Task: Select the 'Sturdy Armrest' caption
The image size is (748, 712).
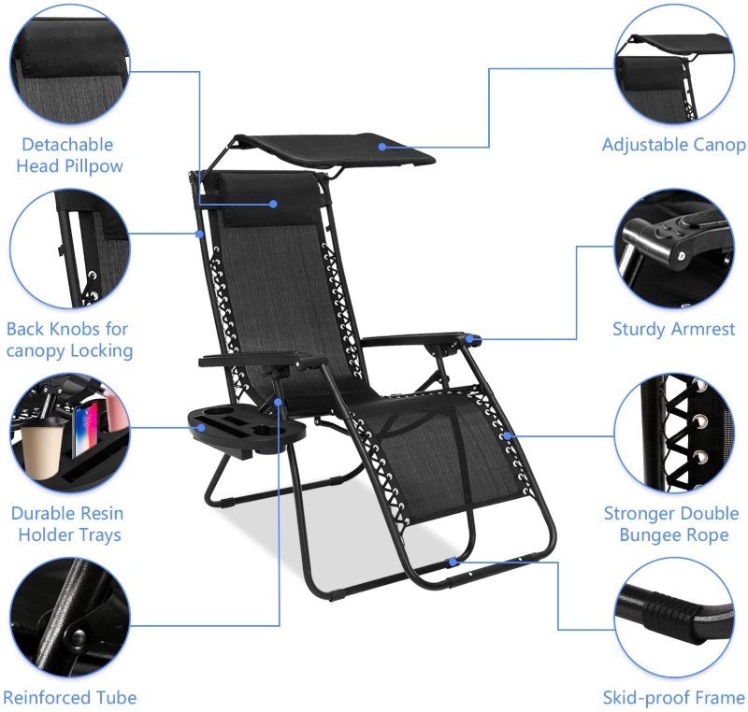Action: tap(673, 329)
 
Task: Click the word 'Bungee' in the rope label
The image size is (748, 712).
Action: tap(654, 535)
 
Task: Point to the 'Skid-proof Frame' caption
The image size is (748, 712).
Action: tap(673, 698)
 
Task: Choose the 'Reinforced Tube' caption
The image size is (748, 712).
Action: tap(70, 698)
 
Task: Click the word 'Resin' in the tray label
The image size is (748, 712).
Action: tap(100, 513)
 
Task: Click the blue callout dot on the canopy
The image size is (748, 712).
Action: tap(381, 146)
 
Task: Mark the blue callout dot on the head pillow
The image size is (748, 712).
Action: tap(274, 202)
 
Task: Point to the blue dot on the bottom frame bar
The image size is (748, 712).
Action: tap(453, 562)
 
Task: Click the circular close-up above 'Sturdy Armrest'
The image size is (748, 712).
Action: tap(673, 248)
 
